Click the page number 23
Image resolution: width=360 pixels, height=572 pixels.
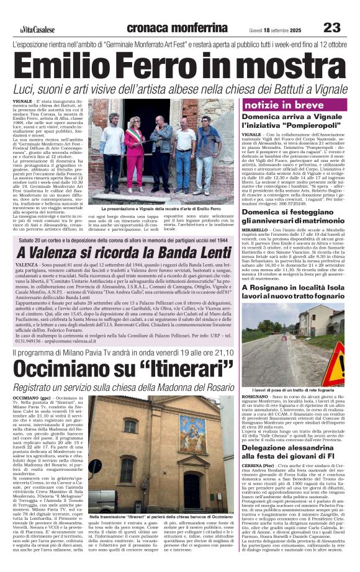[332, 28]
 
